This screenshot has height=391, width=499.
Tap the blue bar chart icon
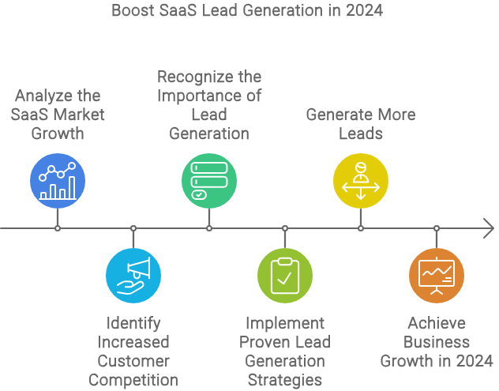point(58,180)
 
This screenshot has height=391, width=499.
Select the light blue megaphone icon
point(133,275)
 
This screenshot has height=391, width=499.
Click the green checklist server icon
point(209,180)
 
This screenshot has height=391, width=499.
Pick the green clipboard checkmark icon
point(285,275)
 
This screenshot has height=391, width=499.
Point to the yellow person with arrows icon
point(361,180)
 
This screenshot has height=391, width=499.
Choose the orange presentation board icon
point(437,275)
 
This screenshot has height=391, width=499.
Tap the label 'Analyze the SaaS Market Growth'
point(58,115)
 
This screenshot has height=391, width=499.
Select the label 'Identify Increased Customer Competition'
point(133,352)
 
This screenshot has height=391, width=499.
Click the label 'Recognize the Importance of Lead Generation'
point(209,105)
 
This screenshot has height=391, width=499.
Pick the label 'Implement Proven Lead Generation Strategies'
point(285,352)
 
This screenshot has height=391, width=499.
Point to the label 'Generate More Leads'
point(361,124)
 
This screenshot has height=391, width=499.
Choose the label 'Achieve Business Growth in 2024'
point(437,342)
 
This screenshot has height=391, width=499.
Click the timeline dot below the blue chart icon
point(58,228)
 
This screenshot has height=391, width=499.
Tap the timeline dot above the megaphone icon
point(133,228)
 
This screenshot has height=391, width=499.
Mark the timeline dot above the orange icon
point(437,228)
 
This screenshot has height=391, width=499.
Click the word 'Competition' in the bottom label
point(133,380)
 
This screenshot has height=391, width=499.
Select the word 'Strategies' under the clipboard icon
point(285,380)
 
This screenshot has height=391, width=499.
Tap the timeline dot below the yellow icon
point(361,228)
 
